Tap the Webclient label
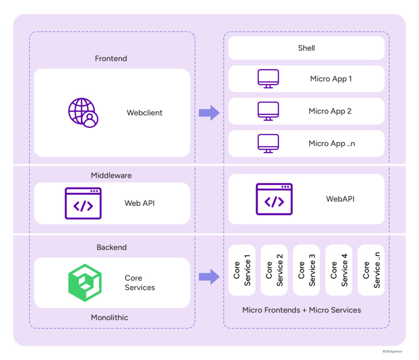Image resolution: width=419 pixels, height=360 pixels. [145, 112]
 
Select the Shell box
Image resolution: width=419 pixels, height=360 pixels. [306, 48]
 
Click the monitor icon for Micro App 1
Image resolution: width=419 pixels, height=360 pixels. [268, 78]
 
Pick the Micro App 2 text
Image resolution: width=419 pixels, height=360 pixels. [330, 111]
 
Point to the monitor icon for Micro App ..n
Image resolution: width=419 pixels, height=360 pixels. [268, 143]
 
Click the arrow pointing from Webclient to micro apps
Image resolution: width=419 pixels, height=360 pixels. [209, 112]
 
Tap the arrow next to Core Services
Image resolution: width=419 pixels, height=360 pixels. [209, 277]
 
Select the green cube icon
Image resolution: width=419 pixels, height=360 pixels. [85, 282]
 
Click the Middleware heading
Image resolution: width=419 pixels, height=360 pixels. [111, 175]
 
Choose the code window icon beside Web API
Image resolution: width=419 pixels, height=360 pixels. [83, 203]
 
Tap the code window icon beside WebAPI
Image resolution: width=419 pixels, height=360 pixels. [274, 199]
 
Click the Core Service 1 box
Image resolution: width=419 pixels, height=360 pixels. [242, 270]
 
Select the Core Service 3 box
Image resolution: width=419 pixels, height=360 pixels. [306, 270]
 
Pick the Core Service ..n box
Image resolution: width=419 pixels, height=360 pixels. [371, 270]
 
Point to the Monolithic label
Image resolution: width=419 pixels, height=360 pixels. [109, 317]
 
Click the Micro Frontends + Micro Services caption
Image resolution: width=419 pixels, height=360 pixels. [302, 310]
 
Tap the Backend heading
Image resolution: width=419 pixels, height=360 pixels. [111, 247]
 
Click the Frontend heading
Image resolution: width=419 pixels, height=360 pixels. [111, 58]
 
